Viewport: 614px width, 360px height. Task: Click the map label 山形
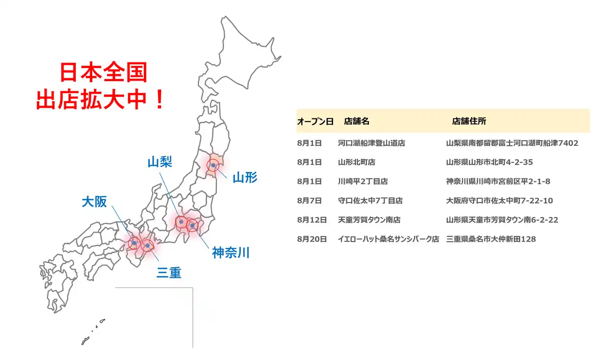coord(245,178)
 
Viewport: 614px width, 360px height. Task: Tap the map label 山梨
coord(160,162)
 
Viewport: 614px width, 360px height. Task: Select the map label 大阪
coord(94,202)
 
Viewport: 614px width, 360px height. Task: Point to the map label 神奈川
coord(231,253)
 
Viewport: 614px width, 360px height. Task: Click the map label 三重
coord(169,273)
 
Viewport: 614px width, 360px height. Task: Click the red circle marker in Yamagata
coord(213,166)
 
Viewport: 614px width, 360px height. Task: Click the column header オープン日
coord(315,121)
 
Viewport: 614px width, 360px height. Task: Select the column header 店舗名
coord(356,121)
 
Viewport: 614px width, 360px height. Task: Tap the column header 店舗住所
coord(469,121)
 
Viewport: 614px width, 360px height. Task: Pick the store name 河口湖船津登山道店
coord(371,143)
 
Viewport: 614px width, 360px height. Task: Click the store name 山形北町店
coord(356,162)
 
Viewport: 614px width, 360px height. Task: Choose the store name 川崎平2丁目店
coord(363,181)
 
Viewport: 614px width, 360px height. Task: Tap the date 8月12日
coord(312,220)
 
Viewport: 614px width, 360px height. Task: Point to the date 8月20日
coord(312,239)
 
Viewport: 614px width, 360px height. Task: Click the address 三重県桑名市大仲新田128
coord(491,239)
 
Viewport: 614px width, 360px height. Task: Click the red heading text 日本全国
coord(103,73)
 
